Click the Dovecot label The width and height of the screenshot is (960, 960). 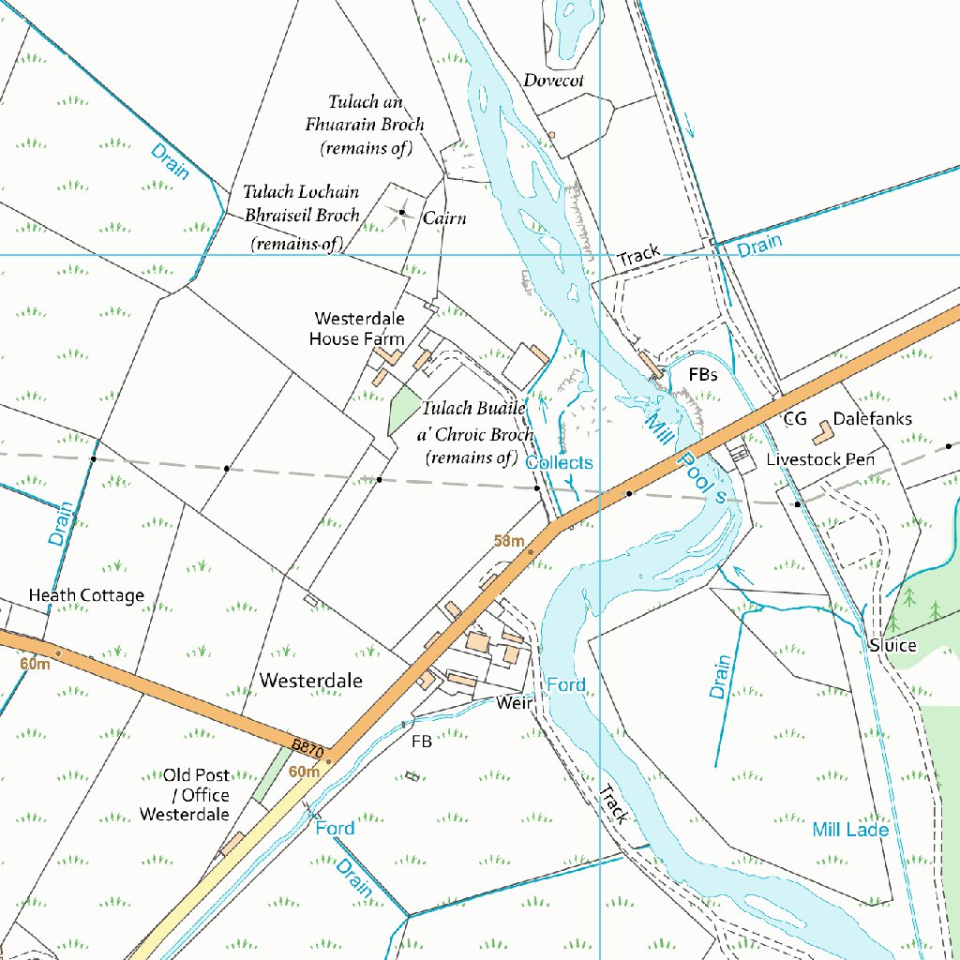(x=553, y=81)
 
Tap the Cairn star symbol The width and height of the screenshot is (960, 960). (x=401, y=213)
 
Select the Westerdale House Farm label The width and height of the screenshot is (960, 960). (x=358, y=329)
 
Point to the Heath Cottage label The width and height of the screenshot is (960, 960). (x=86, y=595)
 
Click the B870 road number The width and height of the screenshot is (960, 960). (x=307, y=750)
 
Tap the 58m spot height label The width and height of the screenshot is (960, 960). (x=509, y=540)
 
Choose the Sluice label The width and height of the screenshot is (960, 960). (x=892, y=646)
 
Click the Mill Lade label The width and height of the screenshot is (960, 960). (x=850, y=830)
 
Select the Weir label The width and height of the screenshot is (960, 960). (x=515, y=702)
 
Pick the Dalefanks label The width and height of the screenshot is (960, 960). (x=872, y=419)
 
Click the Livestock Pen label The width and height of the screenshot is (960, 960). (x=820, y=459)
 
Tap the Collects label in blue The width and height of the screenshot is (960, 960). (x=559, y=463)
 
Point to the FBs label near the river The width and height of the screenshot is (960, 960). (x=702, y=374)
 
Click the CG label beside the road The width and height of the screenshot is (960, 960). (x=795, y=419)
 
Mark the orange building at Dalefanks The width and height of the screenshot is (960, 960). (x=821, y=432)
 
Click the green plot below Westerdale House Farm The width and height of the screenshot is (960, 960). (x=403, y=411)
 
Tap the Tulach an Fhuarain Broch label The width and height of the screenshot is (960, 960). (x=365, y=124)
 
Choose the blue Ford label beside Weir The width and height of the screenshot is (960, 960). (x=566, y=685)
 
